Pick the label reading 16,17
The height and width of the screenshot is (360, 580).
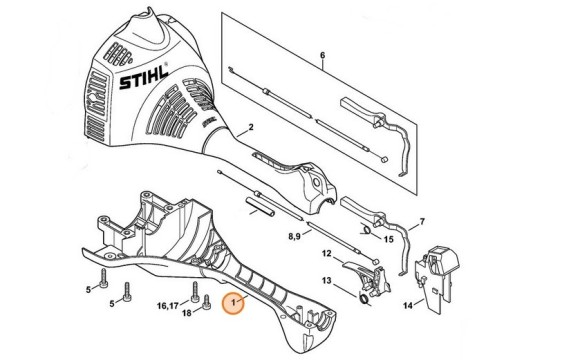[167, 305]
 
